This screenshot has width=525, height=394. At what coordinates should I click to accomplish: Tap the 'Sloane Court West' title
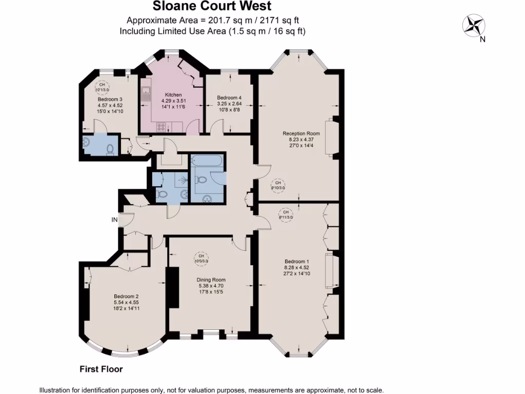[212, 7]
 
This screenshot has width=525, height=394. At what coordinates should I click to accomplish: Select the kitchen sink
[146, 93]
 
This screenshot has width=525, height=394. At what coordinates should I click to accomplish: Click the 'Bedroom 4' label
[229, 97]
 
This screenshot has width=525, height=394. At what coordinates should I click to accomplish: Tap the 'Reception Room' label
[297, 133]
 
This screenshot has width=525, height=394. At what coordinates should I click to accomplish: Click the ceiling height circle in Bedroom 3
[102, 87]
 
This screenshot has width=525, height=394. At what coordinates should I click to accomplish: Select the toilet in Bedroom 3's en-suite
[109, 149]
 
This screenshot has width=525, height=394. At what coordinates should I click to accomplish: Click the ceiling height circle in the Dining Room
[201, 258]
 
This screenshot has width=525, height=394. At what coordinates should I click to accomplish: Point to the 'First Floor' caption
[101, 368]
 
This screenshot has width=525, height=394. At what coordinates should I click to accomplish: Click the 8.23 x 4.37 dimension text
[297, 139]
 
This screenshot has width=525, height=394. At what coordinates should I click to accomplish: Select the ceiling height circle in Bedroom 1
[286, 214]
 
